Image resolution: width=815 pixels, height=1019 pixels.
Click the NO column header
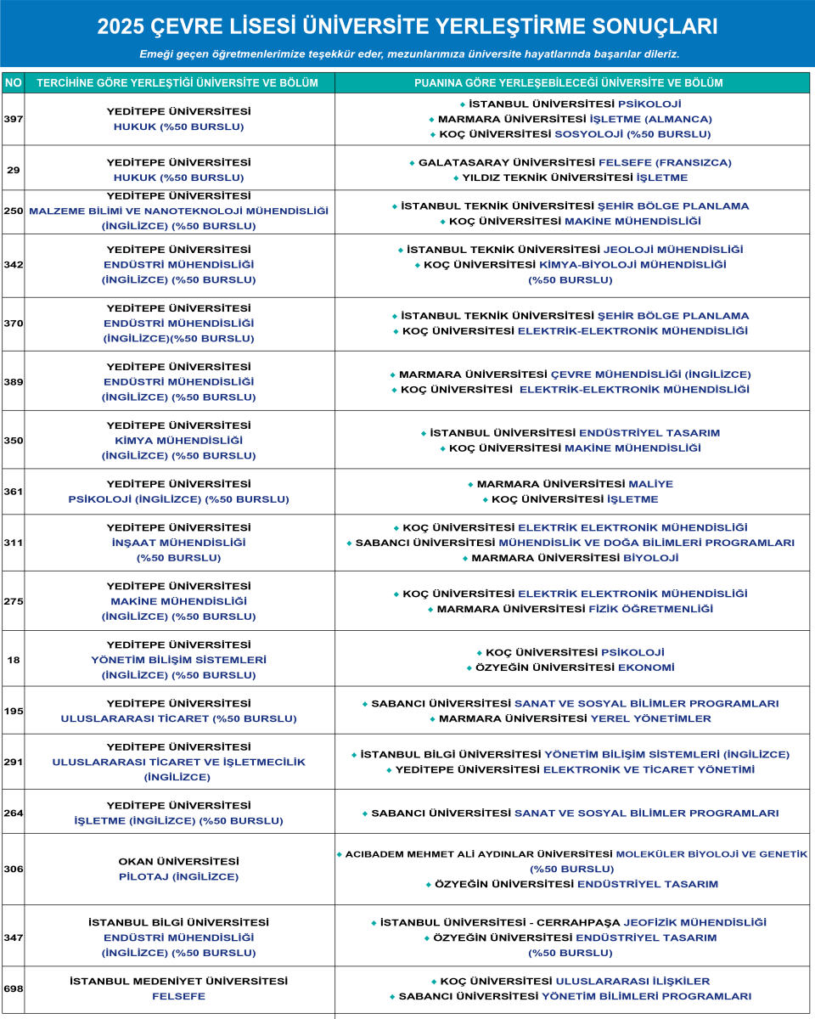(x=14, y=83)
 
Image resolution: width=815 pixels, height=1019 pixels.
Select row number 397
(x=14, y=119)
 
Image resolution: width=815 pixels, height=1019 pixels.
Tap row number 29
(x=14, y=170)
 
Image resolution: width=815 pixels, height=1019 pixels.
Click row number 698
(x=14, y=988)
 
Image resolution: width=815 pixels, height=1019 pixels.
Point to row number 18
(x=14, y=660)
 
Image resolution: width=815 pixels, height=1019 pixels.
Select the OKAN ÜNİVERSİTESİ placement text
(x=178, y=861)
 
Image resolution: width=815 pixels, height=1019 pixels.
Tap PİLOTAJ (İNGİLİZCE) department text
(x=178, y=876)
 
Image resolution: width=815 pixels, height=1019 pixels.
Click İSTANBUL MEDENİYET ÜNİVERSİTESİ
(x=178, y=981)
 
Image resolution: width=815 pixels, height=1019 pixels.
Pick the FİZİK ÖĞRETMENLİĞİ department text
(x=651, y=609)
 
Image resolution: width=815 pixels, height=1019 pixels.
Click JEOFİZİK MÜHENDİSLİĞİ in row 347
(x=694, y=922)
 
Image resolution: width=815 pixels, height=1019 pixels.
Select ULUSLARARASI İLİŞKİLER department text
(x=644, y=981)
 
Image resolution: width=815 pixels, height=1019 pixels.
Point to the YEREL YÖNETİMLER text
(x=651, y=718)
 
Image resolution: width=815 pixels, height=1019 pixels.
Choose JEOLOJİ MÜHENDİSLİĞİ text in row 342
(x=672, y=250)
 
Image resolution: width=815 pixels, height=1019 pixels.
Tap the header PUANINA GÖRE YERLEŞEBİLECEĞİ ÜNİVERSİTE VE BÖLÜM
(x=569, y=83)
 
